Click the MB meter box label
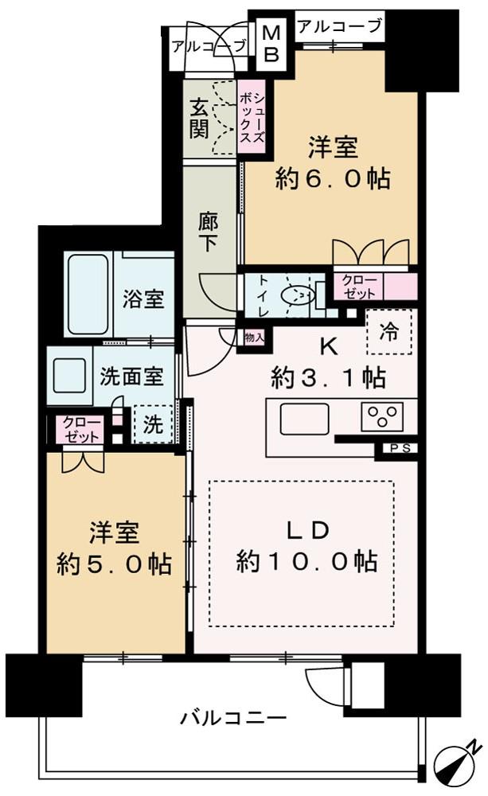point(271,43)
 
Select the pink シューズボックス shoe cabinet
point(252,118)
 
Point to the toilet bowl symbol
point(299,294)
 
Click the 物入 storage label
point(253,337)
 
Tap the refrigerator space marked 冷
point(389,331)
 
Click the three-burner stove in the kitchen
point(382,416)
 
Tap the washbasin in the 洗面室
point(69,375)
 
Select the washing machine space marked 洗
point(152,424)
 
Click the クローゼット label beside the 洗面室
point(82,430)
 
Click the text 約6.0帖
point(333,178)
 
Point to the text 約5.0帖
point(115,564)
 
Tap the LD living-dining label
point(308,530)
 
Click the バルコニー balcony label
point(233,718)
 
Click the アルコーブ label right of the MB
point(339,25)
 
